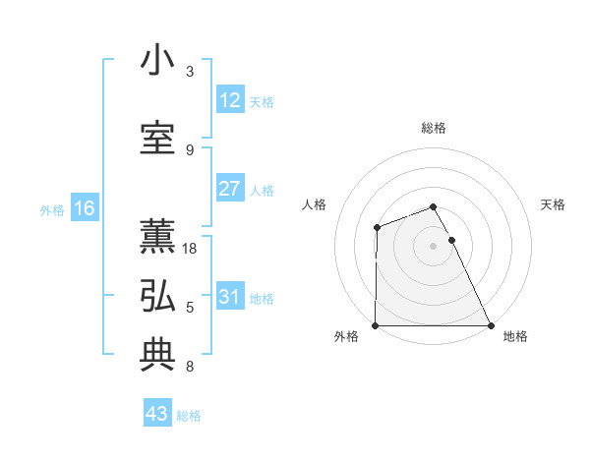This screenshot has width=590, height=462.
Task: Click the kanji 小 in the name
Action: click(158, 61)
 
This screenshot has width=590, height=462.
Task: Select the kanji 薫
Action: click(158, 237)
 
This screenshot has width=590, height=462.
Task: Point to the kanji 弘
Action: click(158, 296)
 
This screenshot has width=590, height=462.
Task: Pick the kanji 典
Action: click(158, 355)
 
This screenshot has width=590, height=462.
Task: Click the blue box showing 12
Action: click(230, 101)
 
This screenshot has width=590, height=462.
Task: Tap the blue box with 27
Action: click(230, 190)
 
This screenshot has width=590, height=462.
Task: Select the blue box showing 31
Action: click(230, 298)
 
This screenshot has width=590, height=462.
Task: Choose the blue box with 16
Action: click(84, 208)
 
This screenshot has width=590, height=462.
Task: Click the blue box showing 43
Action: click(157, 414)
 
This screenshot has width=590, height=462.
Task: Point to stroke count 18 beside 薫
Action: click(191, 249)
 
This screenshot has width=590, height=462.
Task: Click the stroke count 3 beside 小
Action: click(190, 72)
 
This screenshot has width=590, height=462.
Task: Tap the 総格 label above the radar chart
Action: click(434, 128)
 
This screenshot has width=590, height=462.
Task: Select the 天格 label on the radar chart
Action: click(554, 204)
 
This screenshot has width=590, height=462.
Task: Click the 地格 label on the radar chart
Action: click(515, 337)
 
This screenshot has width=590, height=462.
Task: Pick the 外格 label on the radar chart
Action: click(346, 337)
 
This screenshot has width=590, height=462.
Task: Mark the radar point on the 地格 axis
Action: click(491, 325)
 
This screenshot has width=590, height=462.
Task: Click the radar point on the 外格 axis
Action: click(376, 325)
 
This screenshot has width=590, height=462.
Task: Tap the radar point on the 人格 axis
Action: click(377, 228)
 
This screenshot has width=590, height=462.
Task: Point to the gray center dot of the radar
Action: click(434, 246)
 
